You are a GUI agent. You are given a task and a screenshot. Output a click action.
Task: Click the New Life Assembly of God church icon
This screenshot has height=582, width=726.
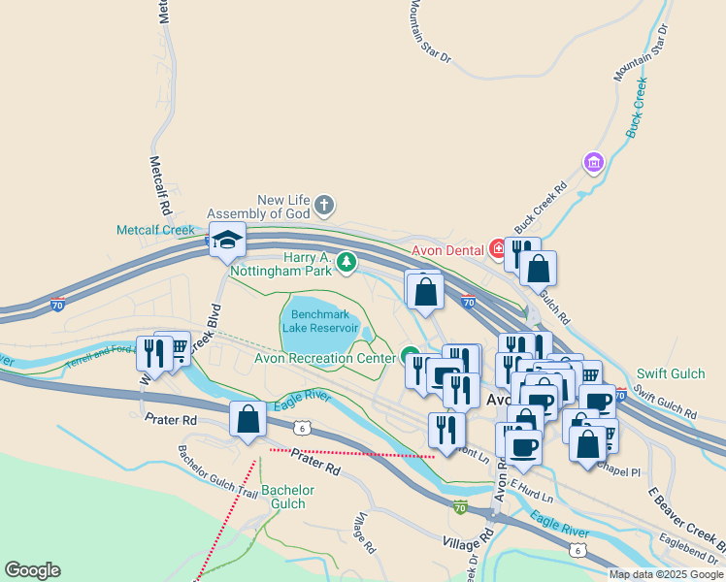[x=324, y=205]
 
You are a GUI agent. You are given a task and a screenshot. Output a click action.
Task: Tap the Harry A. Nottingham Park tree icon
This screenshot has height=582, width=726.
[x=346, y=261]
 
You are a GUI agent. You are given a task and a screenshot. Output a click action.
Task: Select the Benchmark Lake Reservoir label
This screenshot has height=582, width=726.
[x=319, y=321]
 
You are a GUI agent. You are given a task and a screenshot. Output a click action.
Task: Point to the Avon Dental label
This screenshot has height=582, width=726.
[x=447, y=249]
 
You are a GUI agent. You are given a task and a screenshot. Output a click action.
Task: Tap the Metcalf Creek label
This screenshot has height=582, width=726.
[x=156, y=230]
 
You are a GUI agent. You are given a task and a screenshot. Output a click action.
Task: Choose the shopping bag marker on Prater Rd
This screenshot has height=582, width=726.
[x=247, y=420]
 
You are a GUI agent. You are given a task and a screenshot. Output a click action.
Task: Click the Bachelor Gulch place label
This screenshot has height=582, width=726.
[x=288, y=497]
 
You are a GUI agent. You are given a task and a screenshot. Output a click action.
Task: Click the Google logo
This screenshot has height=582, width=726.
[x=32, y=570]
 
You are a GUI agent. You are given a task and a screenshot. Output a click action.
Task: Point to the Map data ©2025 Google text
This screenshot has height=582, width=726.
[x=667, y=574]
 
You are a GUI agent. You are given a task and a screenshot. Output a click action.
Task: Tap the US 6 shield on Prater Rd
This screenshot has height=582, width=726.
[x=303, y=427]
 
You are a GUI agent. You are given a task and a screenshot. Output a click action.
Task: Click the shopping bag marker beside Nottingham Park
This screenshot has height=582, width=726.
[x=425, y=290]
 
